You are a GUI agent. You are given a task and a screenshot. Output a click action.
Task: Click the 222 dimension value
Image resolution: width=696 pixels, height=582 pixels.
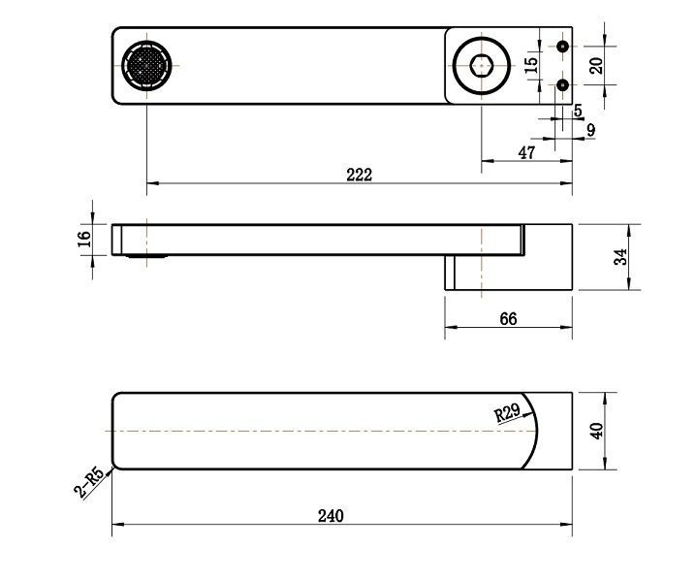pos(359,175)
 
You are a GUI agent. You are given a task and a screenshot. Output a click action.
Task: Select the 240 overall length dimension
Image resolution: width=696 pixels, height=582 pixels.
pos(331,516)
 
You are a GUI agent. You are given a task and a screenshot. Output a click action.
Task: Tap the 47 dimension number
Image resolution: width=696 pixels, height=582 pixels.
pos(526,153)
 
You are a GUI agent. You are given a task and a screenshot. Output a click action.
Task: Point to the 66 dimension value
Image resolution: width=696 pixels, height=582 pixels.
pos(508,318)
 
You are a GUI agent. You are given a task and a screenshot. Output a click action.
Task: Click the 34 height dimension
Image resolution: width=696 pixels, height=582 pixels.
pos(620,257)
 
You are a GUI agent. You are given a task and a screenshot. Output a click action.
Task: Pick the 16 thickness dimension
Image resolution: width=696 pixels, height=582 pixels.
pos(84,240)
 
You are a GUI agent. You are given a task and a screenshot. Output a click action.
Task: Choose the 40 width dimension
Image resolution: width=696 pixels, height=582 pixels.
pos(596,431)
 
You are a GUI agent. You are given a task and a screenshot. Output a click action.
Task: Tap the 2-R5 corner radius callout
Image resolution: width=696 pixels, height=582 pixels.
pos(89,483)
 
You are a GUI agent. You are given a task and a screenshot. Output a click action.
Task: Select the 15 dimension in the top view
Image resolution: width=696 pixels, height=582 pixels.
pos(530,65)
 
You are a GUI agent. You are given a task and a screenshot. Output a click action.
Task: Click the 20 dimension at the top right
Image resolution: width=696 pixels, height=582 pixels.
pos(596,65)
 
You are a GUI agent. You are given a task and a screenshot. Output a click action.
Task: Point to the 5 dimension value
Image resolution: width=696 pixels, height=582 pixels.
pos(578,111)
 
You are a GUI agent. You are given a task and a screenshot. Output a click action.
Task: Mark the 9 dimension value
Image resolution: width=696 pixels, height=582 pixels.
pos(590,130)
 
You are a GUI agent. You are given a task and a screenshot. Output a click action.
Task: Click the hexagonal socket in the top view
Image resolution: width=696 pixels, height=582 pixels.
pos(481,66)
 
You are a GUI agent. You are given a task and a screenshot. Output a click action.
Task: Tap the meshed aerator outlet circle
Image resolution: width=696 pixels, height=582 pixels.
pos(146,66)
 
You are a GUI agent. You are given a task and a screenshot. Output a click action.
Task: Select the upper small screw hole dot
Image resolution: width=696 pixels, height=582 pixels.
pos(563,47)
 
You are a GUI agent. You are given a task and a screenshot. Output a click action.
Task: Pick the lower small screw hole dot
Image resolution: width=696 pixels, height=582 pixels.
pos(563,84)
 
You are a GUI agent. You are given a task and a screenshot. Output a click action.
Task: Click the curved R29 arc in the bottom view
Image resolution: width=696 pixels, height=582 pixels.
pos(537,431)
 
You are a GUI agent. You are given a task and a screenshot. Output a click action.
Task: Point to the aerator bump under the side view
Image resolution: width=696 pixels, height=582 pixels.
pos(146,256)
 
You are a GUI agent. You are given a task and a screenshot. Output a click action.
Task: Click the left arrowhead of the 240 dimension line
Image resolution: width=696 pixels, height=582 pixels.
pos(117,524)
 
